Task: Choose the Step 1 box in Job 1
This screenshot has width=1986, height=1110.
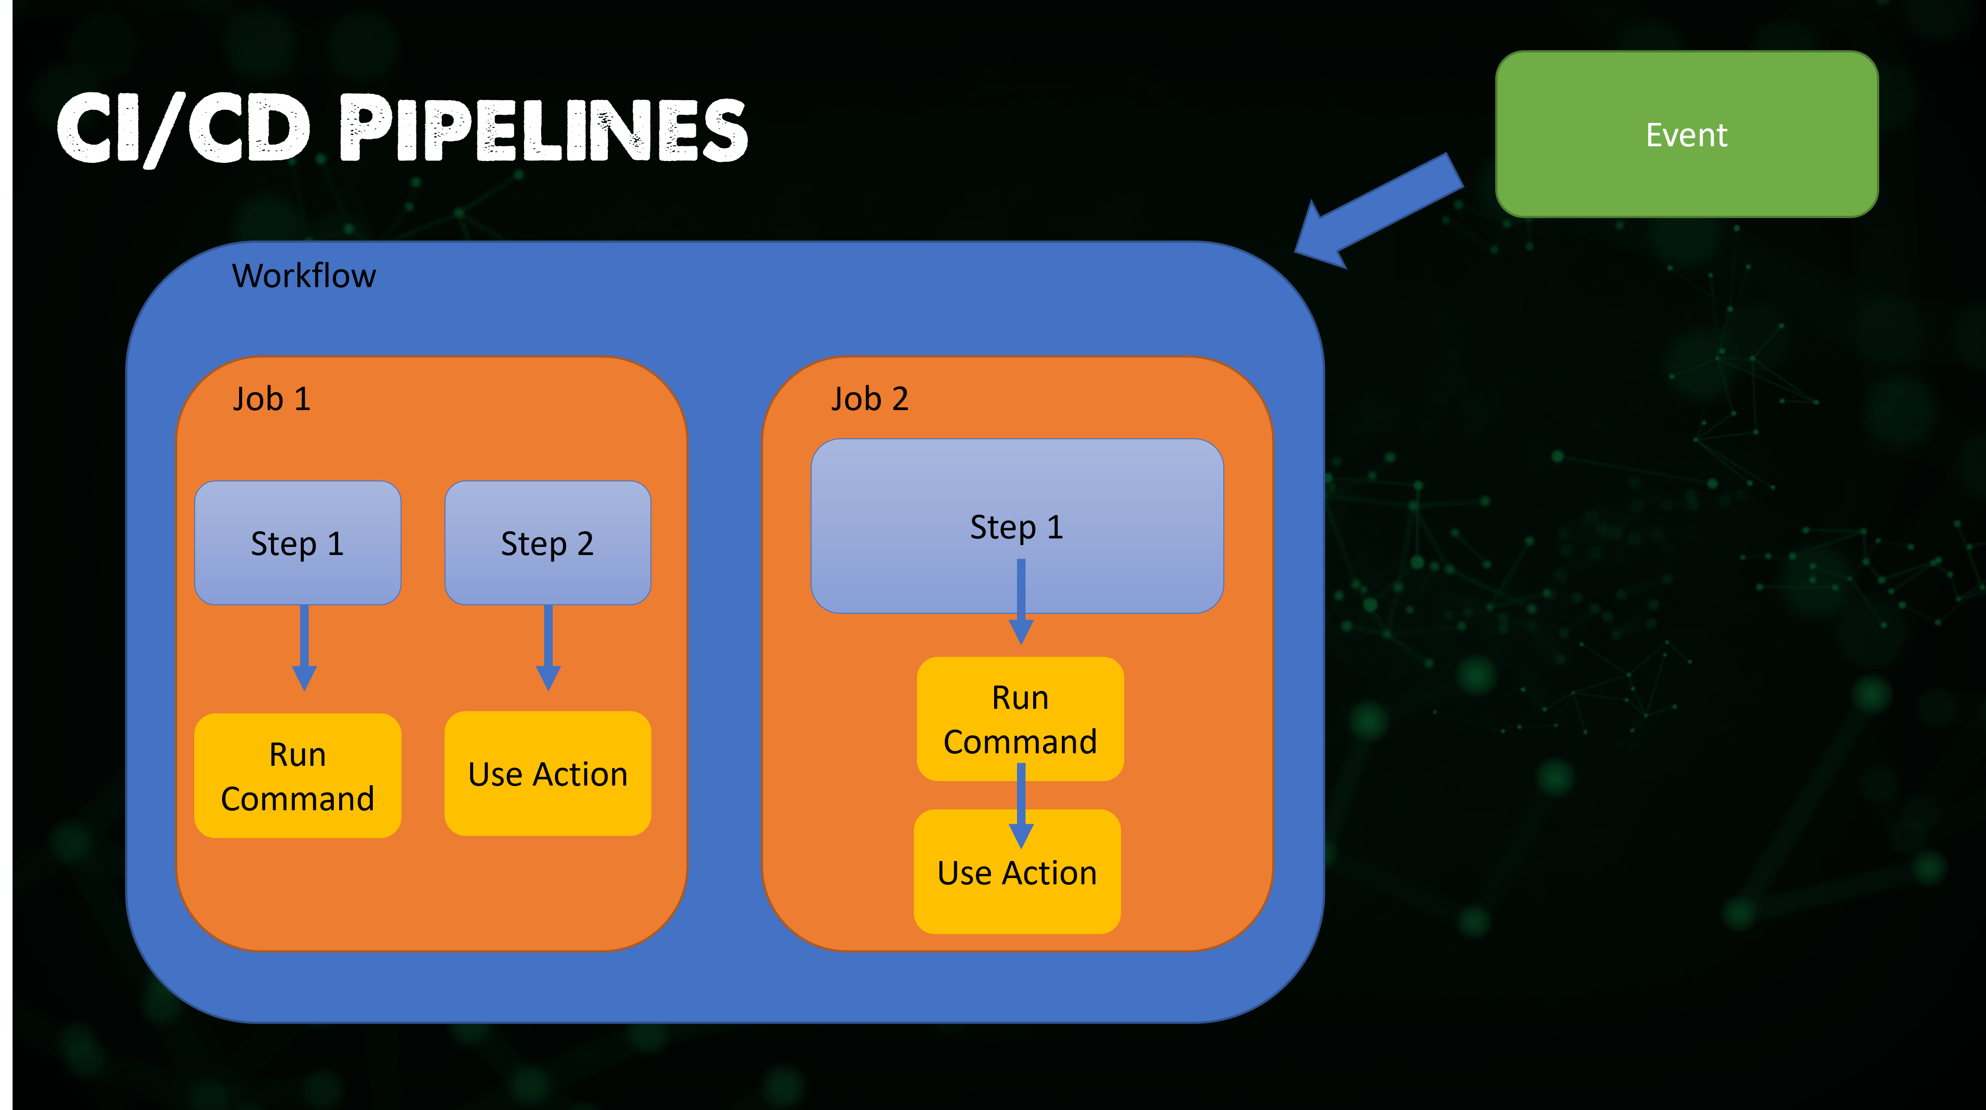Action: pos(297,543)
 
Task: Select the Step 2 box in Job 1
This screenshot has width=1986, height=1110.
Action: pos(547,543)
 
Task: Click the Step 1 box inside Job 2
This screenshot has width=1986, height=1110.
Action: pos(1017,526)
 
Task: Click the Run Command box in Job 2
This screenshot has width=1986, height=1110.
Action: pos(1020,718)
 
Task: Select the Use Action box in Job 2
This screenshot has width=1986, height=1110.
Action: pos(1017,872)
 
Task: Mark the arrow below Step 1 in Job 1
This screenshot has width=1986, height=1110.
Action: pos(305,647)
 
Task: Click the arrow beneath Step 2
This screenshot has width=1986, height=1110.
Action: pos(548,647)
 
